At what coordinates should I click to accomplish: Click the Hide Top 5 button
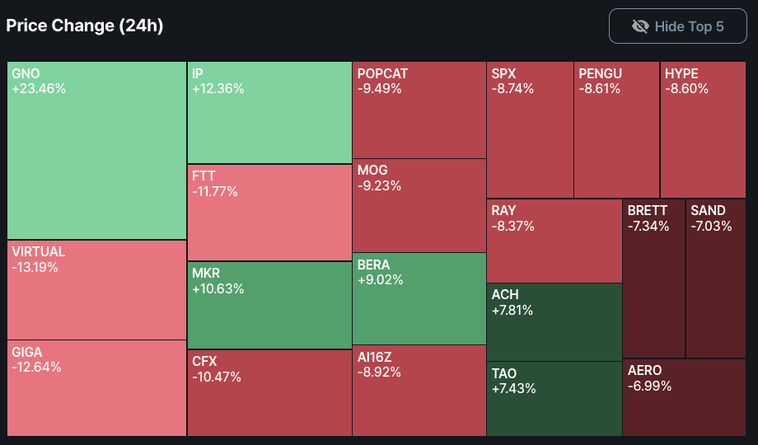[x=678, y=26]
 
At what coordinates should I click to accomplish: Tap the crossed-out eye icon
[x=640, y=26]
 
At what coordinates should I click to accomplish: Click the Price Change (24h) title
[x=85, y=26]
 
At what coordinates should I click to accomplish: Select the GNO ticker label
[x=26, y=73]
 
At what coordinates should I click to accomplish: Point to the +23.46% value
[x=39, y=89]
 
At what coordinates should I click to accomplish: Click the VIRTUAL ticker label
[x=39, y=251]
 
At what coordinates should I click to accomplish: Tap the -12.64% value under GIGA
[x=36, y=368]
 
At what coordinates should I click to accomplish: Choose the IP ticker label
[x=198, y=73]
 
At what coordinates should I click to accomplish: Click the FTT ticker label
[x=204, y=176]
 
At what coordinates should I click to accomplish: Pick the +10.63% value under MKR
[x=218, y=288]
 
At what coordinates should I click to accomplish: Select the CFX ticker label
[x=205, y=360]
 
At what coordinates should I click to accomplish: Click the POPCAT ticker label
[x=382, y=73]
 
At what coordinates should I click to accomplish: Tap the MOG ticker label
[x=372, y=170]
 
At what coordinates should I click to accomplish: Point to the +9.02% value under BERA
[x=381, y=280]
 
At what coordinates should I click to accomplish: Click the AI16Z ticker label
[x=375, y=356]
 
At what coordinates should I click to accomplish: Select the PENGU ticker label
[x=600, y=73]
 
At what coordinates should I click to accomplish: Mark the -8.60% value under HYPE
[x=686, y=89]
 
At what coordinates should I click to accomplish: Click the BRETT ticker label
[x=648, y=210]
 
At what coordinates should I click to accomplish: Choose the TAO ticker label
[x=504, y=372]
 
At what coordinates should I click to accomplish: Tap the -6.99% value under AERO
[x=649, y=386]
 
